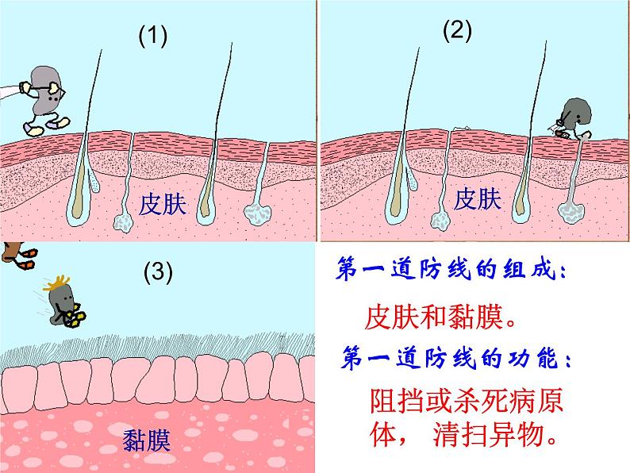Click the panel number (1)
point(153,36)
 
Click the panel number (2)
point(457,30)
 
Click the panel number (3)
point(157,272)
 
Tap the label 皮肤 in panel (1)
point(162,205)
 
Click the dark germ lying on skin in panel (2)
point(573,117)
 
